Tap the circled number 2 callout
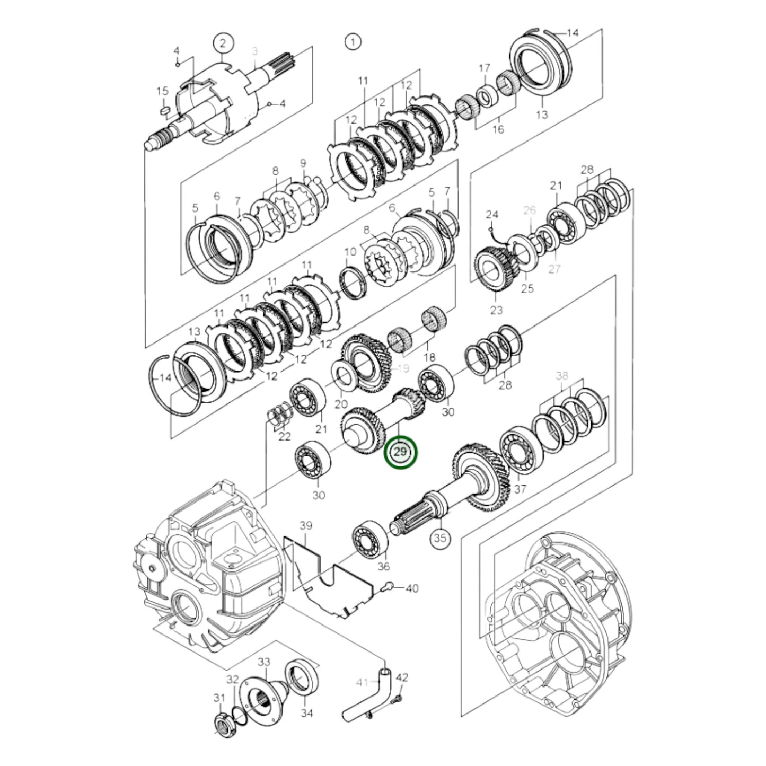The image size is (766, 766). point(223,43)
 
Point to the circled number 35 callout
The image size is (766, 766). point(440,539)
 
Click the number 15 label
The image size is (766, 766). point(162,92)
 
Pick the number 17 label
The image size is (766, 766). point(485,68)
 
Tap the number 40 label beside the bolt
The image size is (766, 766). point(412,588)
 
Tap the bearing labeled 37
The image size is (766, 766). point(521,452)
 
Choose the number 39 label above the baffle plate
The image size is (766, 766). point(306,526)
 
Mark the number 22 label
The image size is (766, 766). point(285,437)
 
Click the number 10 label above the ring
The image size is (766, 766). point(350,251)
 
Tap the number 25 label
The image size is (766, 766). point(527,289)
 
